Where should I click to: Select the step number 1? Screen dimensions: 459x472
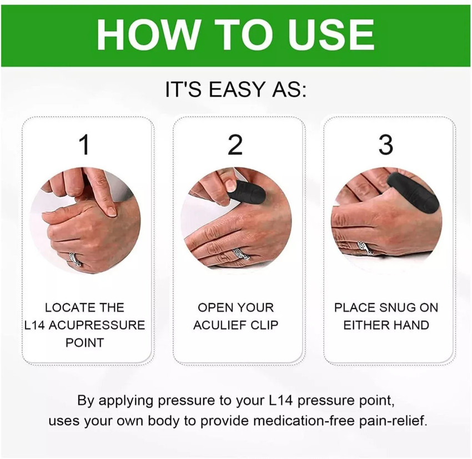(x=84, y=145)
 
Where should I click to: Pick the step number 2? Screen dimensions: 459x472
(x=235, y=145)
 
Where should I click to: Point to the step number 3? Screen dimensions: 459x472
(x=386, y=145)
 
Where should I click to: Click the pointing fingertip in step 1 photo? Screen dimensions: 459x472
(x=111, y=210)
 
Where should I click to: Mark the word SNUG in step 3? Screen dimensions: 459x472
(x=395, y=307)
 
